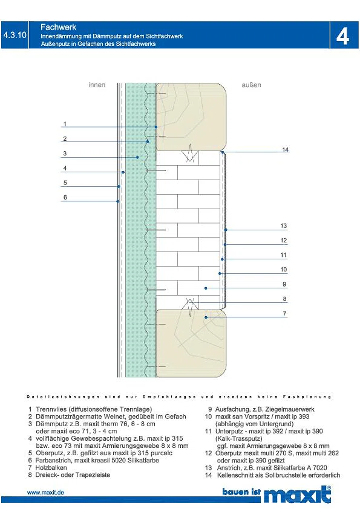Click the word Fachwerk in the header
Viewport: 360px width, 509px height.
58,27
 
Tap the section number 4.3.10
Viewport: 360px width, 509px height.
15,35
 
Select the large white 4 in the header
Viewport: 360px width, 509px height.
343,36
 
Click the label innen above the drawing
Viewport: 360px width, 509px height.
97,85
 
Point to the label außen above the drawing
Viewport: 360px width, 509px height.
251,85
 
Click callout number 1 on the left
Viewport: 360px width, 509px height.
65,124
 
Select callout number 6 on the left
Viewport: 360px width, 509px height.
65,197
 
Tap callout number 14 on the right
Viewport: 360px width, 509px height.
285,150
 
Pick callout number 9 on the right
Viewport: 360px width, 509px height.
284,284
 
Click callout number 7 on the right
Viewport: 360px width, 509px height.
284,314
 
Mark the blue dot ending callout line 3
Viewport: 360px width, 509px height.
137,157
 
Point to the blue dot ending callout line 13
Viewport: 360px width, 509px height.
226,230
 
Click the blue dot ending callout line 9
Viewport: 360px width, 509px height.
206,288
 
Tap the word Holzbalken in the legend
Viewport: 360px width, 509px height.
51,468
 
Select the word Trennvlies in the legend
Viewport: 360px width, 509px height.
50,409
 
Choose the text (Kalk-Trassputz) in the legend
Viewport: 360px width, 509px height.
239,438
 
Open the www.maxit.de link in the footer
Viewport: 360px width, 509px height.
45,493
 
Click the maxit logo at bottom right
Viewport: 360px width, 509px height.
297,494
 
